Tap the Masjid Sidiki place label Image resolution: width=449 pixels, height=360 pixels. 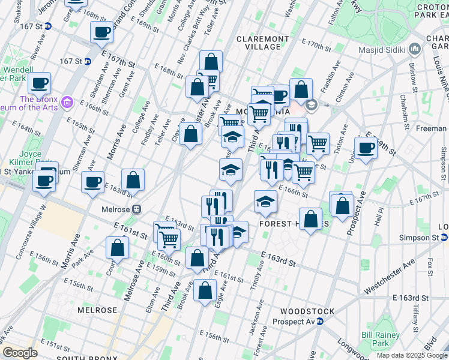[x=383, y=50]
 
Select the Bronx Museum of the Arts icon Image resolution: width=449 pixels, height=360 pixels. [x=67, y=103]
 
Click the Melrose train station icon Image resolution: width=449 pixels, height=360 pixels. [x=137, y=209]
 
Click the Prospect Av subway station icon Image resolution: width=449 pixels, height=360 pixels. [x=320, y=321]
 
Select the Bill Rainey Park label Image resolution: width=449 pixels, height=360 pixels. [x=376, y=340]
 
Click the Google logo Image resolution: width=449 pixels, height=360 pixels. [x=20, y=353]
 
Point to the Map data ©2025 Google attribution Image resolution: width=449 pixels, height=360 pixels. [x=412, y=355]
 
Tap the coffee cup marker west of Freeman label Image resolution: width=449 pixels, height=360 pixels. [x=366, y=147]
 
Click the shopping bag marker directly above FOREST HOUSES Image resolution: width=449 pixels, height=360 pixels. [x=310, y=218]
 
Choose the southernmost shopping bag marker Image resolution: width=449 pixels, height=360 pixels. [x=205, y=291]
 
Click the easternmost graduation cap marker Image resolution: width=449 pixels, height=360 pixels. [x=265, y=201]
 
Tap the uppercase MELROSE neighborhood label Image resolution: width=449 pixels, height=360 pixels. [x=97, y=310]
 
